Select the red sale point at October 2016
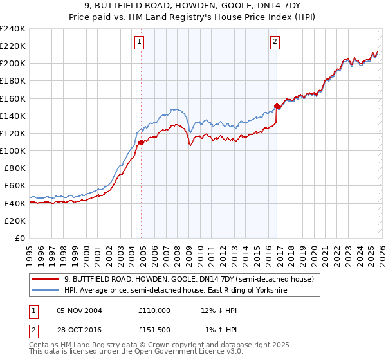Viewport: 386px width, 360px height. pyautogui.click(x=277, y=105)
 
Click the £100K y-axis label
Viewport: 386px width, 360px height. pyautogui.click(x=13, y=150)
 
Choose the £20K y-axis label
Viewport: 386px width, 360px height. pyautogui.click(x=15, y=221)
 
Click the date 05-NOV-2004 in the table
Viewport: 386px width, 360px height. pyautogui.click(x=79, y=310)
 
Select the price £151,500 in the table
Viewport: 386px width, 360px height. pyautogui.click(x=154, y=329)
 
